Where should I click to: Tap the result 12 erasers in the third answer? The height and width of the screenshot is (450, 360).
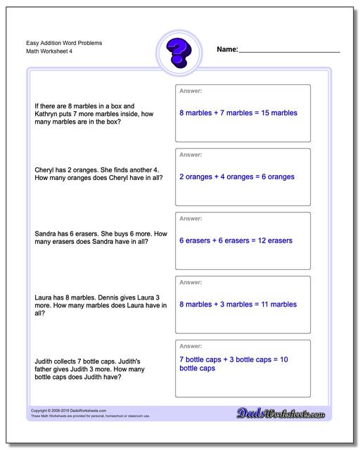tap(271, 240)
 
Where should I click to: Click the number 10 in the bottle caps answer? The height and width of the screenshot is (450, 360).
tap(283, 360)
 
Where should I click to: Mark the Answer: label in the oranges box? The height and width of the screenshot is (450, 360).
tap(191, 154)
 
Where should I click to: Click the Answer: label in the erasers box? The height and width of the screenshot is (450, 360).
tap(191, 218)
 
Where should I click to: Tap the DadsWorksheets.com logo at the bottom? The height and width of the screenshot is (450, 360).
tap(288, 413)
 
